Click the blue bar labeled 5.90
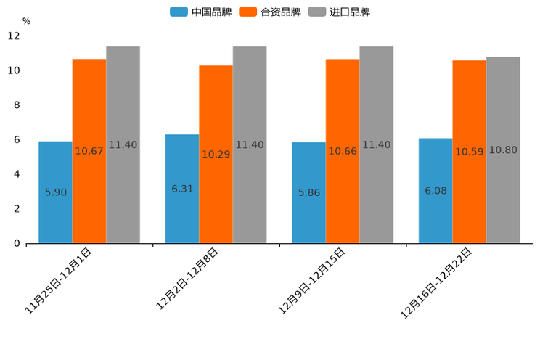pyautogui.click(x=55, y=192)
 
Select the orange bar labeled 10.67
pyautogui.click(x=89, y=151)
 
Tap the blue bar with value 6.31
pyautogui.click(x=182, y=189)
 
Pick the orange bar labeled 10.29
pyautogui.click(x=216, y=154)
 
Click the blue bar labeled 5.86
pyautogui.click(x=308, y=192)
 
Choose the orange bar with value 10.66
pyautogui.click(x=343, y=151)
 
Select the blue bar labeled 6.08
pyautogui.click(x=435, y=191)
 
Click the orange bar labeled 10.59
pyautogui.click(x=469, y=152)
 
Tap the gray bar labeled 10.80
pyautogui.click(x=503, y=150)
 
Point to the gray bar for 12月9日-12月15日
pyautogui.click(x=376, y=144)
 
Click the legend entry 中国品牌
pyautogui.click(x=201, y=12)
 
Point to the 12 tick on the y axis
pyautogui.click(x=14, y=36)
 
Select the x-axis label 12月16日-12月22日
pyautogui.click(x=436, y=283)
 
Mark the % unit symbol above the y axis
pyautogui.click(x=26, y=21)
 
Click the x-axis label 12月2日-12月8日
pyautogui.click(x=187, y=279)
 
